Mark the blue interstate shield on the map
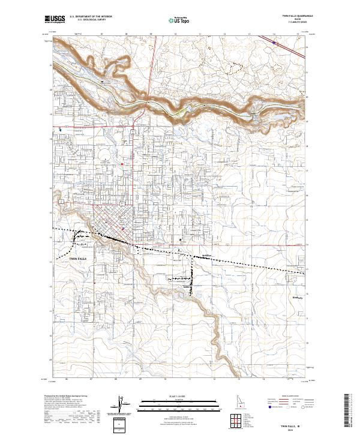[274, 42]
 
